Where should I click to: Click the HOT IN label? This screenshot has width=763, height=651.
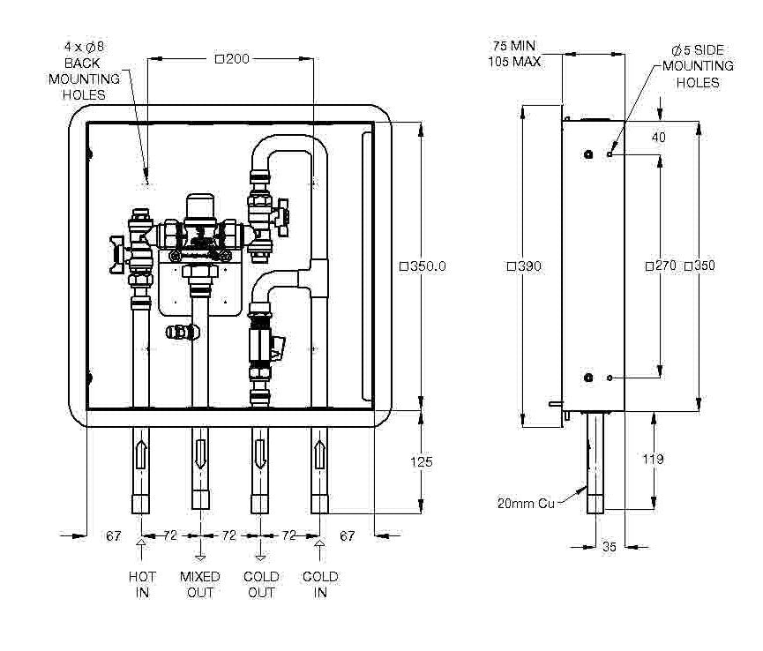click(x=142, y=584)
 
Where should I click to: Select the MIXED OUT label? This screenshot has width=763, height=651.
click(x=200, y=584)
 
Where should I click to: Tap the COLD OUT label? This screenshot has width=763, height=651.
click(x=261, y=584)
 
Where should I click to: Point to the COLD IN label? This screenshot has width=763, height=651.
click(x=320, y=584)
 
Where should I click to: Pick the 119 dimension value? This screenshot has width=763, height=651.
click(x=654, y=459)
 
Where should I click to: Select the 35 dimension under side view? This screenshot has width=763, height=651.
click(x=609, y=547)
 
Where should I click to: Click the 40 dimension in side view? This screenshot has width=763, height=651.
click(x=659, y=137)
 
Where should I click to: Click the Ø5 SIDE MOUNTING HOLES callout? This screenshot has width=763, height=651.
click(x=696, y=66)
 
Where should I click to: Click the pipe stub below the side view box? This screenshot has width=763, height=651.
click(x=596, y=463)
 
